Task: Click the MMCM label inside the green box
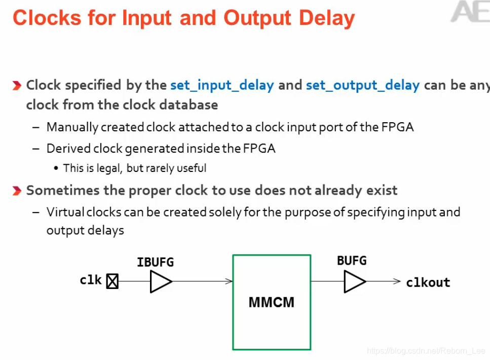(x=271, y=303)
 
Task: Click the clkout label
(x=428, y=282)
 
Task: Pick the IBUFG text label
(x=156, y=262)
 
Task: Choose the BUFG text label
(x=352, y=261)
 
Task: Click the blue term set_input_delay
(x=222, y=85)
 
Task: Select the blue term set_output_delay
(x=362, y=85)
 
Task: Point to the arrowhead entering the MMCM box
(x=230, y=281)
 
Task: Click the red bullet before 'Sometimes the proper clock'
(x=17, y=191)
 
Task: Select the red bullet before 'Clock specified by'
(x=17, y=85)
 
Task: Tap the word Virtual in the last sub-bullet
(x=63, y=212)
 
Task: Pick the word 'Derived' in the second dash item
(x=64, y=149)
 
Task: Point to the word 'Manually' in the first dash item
(x=68, y=127)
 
